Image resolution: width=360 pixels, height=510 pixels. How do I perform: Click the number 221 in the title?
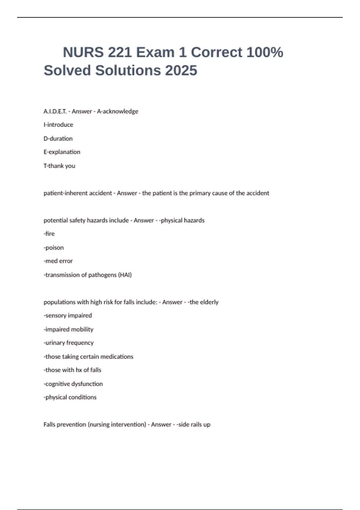(120, 52)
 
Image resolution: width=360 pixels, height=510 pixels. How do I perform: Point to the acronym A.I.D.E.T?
(55, 111)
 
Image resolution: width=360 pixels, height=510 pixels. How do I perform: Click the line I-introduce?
(58, 124)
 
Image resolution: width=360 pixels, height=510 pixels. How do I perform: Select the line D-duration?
(58, 139)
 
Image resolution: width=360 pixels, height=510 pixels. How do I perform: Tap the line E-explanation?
(62, 152)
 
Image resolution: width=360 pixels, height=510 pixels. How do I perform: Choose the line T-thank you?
(59, 166)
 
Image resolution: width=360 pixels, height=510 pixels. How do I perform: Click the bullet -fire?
(49, 233)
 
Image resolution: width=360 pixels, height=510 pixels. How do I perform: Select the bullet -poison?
(54, 247)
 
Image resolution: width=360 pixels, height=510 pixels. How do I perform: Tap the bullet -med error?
(58, 261)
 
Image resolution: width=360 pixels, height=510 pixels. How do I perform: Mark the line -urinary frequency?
(68, 343)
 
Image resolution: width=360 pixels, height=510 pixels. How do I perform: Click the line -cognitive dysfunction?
(73, 384)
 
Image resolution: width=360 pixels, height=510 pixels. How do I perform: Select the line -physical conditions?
(70, 397)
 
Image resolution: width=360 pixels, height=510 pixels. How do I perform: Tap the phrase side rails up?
(194, 424)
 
